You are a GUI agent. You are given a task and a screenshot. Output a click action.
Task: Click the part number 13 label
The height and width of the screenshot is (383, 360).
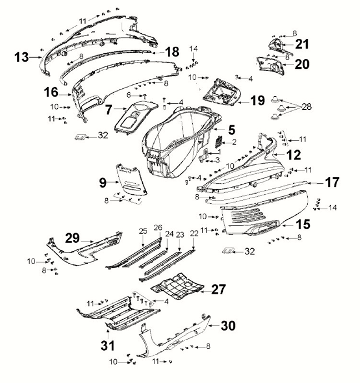(21, 56)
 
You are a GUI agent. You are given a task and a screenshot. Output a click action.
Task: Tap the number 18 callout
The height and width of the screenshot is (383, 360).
(172, 52)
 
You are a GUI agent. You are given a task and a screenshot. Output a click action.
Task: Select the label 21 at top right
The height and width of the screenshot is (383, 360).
(303, 44)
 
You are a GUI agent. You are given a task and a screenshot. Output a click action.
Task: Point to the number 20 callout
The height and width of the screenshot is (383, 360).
(302, 64)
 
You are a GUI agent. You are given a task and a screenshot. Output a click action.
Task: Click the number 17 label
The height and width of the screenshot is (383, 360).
(332, 182)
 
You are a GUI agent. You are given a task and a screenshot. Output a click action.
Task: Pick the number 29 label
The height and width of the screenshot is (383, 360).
(72, 237)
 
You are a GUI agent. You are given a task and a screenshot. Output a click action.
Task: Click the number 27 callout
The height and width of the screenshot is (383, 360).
(218, 289)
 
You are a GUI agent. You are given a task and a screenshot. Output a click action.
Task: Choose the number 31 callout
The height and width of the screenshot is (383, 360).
(107, 346)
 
